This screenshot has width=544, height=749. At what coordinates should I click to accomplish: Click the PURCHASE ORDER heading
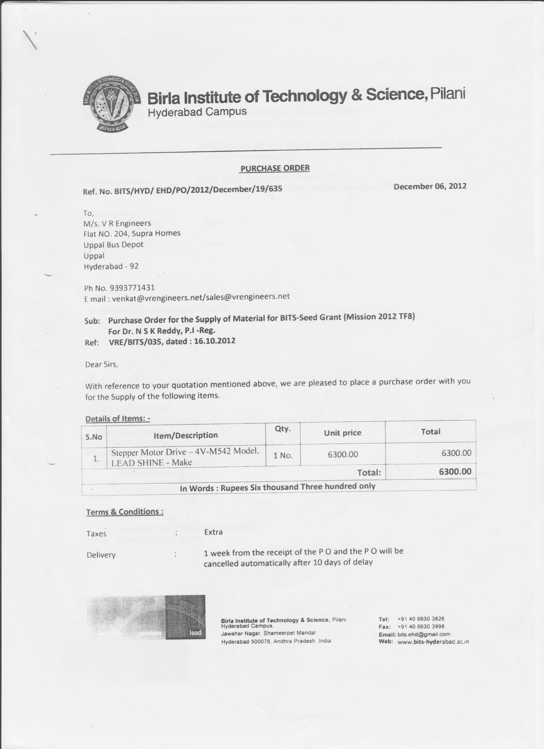click(x=275, y=168)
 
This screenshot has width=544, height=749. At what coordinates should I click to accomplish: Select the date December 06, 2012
click(x=430, y=186)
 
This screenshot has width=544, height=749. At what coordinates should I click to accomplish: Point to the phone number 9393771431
click(x=132, y=288)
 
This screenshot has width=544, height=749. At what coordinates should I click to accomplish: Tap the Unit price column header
click(x=342, y=433)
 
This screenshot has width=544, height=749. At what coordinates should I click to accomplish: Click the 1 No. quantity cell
click(x=283, y=455)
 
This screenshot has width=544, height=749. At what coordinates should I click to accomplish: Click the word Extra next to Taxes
click(x=213, y=532)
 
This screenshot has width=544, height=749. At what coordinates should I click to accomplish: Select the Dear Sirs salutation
click(x=101, y=365)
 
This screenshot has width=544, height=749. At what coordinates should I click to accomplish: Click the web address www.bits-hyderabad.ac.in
click(x=433, y=642)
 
